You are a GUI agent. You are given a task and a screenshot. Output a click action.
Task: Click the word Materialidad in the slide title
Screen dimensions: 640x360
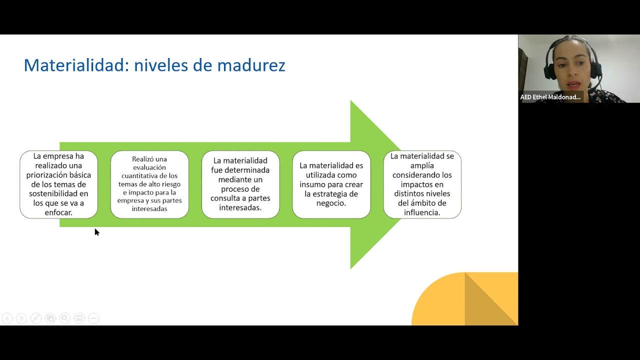(73, 65)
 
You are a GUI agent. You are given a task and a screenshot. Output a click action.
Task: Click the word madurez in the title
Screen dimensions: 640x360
(251, 65)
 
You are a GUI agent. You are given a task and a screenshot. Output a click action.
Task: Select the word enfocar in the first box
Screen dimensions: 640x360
(58, 212)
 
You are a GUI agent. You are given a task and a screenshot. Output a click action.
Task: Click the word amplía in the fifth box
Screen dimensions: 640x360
(422, 165)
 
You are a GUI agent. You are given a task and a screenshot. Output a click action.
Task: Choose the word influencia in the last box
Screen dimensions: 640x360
(421, 212)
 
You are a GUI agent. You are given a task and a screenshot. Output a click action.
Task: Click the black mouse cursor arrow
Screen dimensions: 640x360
(97, 232)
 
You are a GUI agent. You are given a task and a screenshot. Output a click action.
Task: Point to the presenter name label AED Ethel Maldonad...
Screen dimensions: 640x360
(550, 97)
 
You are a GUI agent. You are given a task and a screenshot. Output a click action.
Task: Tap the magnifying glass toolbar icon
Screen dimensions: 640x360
(65, 318)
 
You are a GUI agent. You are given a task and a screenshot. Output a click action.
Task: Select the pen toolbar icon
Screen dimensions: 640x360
(36, 318)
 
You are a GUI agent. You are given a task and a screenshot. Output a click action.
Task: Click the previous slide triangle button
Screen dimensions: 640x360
(7, 318)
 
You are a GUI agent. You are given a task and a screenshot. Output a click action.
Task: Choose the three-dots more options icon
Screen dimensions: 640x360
(93, 318)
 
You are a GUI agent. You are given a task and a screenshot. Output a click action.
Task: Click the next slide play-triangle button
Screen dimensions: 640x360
(21, 318)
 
